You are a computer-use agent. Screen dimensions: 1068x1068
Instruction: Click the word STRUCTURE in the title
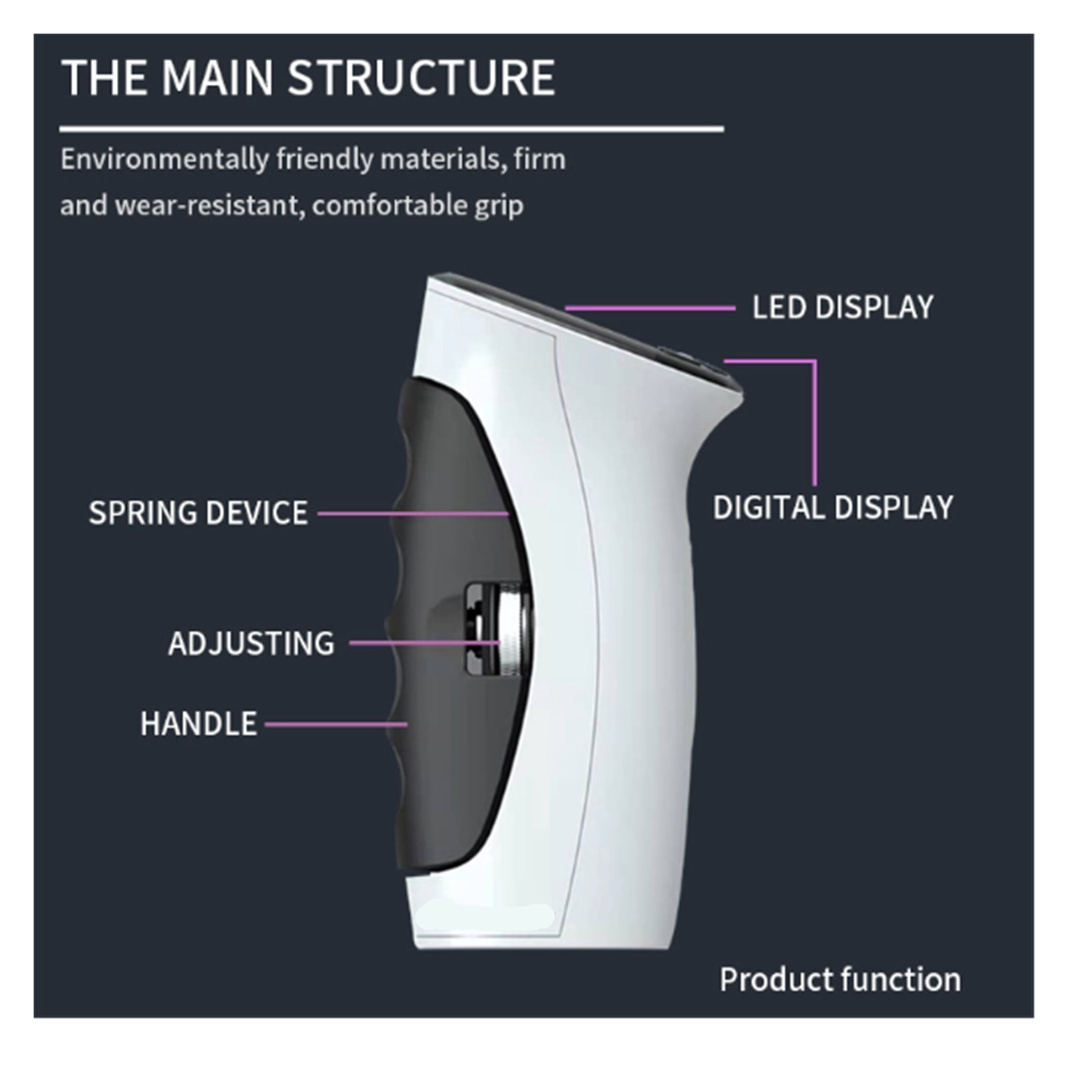click(421, 77)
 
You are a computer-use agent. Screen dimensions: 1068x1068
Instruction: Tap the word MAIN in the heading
click(218, 77)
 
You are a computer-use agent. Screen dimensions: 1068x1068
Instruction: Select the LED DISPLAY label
click(842, 307)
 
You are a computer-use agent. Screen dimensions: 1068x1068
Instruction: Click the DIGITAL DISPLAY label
click(833, 507)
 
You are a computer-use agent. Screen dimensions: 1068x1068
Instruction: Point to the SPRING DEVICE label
click(198, 513)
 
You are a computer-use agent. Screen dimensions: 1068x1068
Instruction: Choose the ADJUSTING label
click(251, 643)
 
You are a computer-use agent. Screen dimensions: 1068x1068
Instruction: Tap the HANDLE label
click(198, 724)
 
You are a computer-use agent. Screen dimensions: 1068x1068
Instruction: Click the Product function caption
click(840, 979)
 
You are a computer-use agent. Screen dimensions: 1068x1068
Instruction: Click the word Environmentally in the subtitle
click(164, 160)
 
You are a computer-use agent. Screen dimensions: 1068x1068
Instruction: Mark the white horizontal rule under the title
click(392, 129)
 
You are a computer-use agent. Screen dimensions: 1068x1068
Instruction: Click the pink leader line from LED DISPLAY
click(649, 308)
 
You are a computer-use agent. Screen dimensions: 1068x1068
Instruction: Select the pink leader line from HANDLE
click(336, 724)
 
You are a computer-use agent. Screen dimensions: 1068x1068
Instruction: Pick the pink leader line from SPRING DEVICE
click(413, 513)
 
